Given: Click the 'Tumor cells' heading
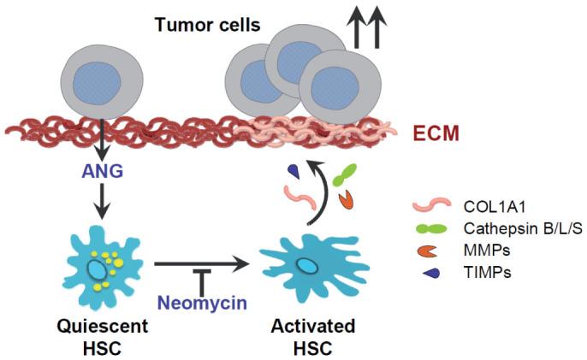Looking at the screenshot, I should point(208,24).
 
